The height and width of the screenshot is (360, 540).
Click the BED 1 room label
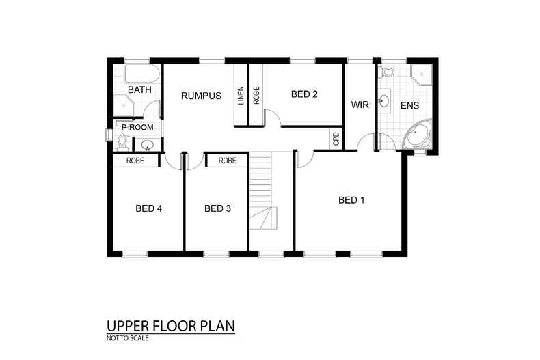352,200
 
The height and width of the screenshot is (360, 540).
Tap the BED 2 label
304,95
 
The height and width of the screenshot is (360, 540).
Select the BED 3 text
217,208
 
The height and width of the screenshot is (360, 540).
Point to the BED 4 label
148,208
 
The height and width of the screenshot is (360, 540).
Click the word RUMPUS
201,96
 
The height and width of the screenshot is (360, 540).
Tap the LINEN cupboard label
241,95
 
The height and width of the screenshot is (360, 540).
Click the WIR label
360,105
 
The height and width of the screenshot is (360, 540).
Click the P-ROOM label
137,127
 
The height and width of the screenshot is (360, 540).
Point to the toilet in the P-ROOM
122,142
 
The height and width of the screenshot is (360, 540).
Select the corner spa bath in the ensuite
417,135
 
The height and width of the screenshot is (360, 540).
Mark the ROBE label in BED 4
135,161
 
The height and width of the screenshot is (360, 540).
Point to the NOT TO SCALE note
127,337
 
